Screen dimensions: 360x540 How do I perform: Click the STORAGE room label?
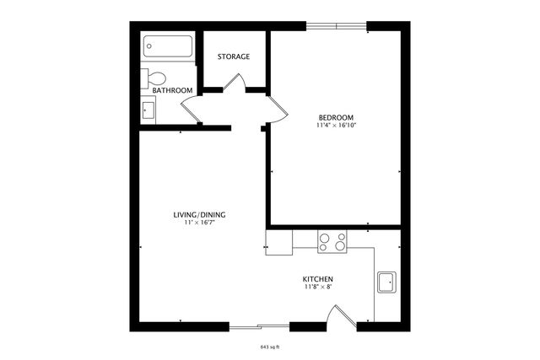tap(234, 56)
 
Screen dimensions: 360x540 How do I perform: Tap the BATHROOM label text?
tap(172, 90)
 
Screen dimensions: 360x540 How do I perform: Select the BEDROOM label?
tap(336, 117)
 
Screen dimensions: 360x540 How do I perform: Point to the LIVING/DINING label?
tap(199, 215)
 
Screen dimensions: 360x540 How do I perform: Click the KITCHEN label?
tap(318, 279)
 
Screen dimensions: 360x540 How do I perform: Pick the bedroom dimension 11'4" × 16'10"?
tap(336, 126)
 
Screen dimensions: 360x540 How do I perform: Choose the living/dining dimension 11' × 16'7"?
tap(199, 223)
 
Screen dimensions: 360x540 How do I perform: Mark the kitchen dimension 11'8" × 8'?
tap(318, 287)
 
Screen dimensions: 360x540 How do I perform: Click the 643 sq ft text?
tap(271, 346)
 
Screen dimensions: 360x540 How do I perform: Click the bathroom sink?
tap(148, 110)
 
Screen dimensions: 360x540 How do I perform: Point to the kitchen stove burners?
tap(332, 242)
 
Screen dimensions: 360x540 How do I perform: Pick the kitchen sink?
tap(387, 283)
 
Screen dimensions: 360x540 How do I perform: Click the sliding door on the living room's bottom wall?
tap(259, 326)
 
